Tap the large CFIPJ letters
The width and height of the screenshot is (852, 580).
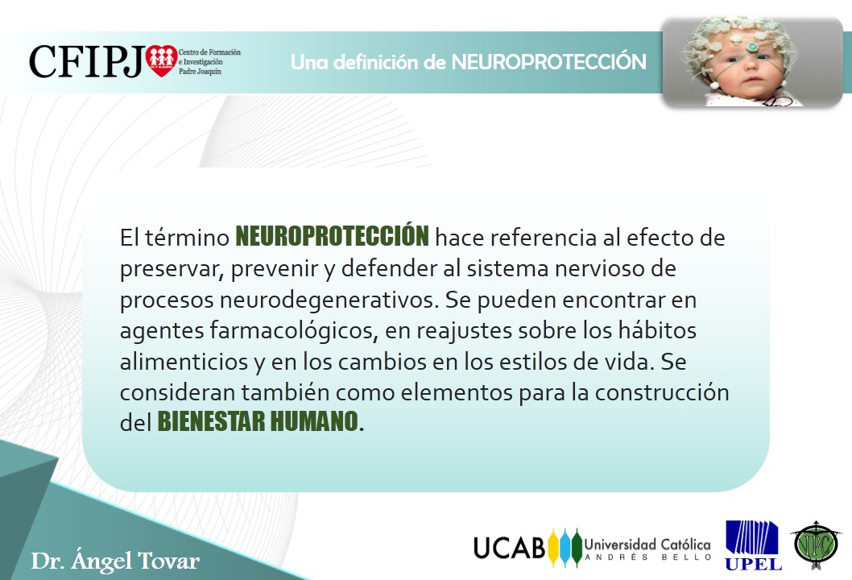87,61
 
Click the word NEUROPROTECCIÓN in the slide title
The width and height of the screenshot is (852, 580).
548,61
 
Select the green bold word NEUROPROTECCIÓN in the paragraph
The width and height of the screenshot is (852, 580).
332,237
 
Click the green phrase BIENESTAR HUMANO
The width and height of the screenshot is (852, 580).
258,421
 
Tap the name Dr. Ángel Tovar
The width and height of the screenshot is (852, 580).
115,561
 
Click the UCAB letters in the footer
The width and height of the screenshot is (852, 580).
509,548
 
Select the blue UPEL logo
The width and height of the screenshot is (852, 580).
753,545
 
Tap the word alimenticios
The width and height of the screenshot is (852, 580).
184,362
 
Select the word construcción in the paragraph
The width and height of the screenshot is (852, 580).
662,392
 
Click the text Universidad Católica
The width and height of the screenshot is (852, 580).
647,544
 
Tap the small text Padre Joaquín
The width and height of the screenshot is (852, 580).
200,72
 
